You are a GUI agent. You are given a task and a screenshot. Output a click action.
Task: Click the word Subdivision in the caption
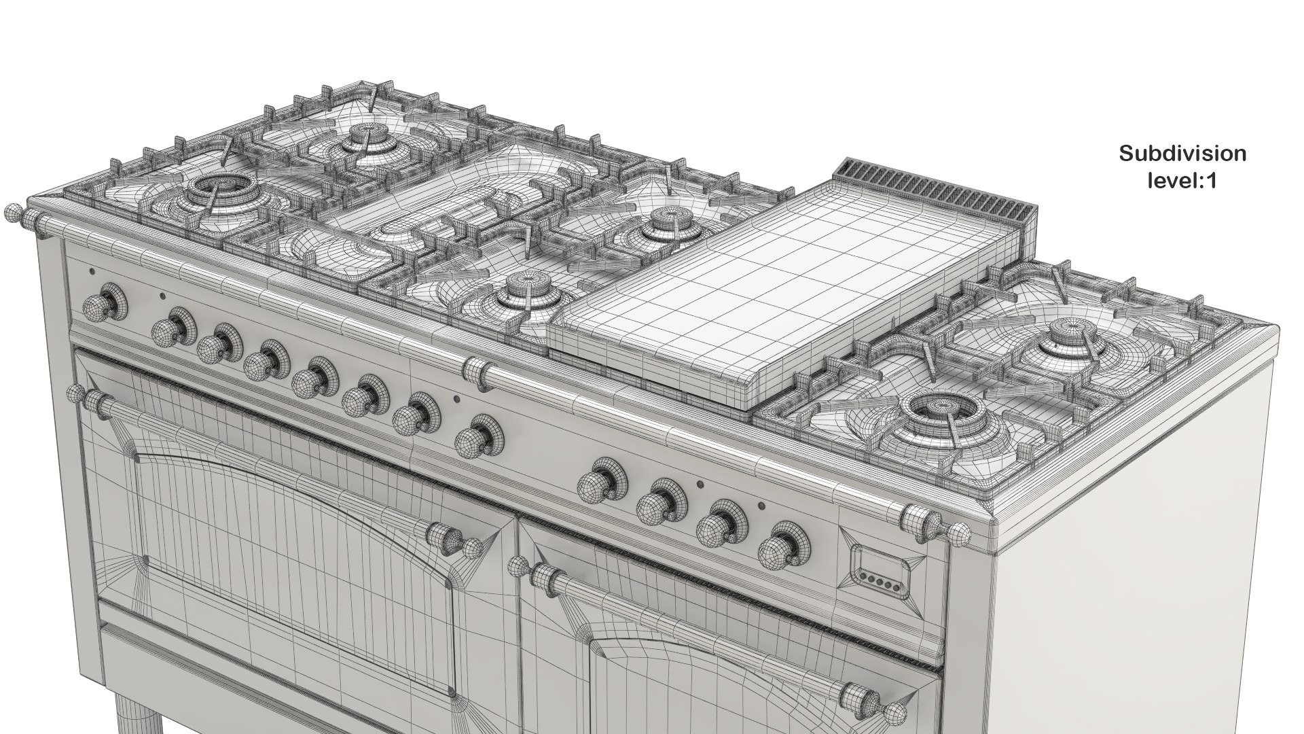coord(1182,154)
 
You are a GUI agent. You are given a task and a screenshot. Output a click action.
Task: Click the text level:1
coord(1182,181)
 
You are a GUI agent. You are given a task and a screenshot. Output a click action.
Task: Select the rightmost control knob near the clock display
coord(787,545)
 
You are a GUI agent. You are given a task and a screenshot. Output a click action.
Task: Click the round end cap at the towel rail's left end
coord(12,213)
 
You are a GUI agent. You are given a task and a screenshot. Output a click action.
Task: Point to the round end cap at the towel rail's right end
coord(960,534)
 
